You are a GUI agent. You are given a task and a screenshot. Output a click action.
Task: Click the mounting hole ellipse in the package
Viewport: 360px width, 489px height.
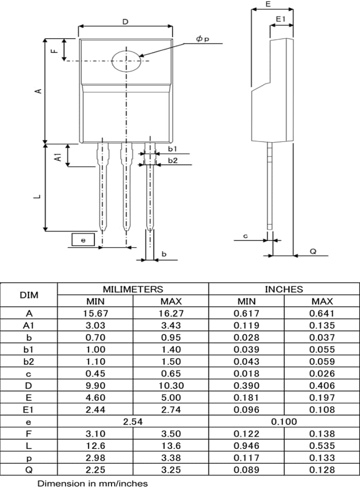tap(126, 61)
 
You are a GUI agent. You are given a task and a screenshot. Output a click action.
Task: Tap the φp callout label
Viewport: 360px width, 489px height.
tap(203, 39)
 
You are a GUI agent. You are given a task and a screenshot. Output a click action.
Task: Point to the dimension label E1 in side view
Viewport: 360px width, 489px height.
tap(281, 19)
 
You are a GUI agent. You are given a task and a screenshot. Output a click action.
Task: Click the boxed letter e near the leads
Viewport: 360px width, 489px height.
tap(83, 240)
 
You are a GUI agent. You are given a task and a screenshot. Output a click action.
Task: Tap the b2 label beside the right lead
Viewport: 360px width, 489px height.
tap(173, 161)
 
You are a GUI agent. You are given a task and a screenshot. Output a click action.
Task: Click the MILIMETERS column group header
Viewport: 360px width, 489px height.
tap(133, 289)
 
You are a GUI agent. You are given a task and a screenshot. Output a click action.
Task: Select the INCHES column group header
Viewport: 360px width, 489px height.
tap(284, 289)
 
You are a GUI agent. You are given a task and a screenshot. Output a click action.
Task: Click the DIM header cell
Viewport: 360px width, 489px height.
tap(29, 295)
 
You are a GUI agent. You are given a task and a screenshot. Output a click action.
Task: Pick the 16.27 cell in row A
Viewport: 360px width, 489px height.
tap(171, 313)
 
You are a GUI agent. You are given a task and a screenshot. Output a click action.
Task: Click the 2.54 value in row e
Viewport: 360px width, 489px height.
tap(133, 422)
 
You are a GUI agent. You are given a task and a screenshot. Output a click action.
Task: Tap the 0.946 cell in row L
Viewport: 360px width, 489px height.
tap(246, 446)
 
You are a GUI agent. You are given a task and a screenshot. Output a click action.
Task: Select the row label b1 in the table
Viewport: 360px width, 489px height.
tap(29, 349)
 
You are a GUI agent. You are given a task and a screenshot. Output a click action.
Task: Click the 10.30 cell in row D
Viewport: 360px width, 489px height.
tap(171, 385)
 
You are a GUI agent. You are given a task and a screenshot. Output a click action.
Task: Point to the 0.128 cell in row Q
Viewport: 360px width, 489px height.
tap(322, 469)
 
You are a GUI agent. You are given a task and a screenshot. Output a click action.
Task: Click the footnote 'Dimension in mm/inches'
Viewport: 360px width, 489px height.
tap(93, 483)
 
